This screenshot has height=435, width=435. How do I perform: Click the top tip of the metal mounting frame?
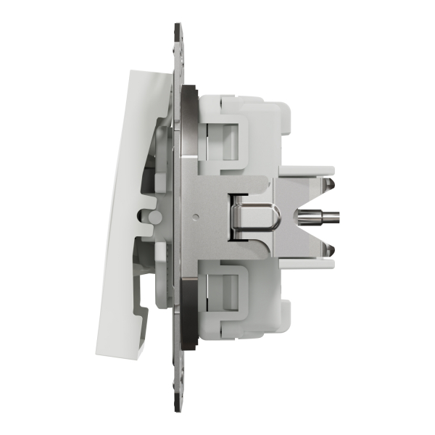pos(178,27)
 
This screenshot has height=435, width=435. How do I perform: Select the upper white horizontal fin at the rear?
pos(304,172)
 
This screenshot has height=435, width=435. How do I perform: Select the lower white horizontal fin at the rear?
pos(304,261)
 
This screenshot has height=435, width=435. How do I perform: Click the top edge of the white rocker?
pos(149,71)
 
